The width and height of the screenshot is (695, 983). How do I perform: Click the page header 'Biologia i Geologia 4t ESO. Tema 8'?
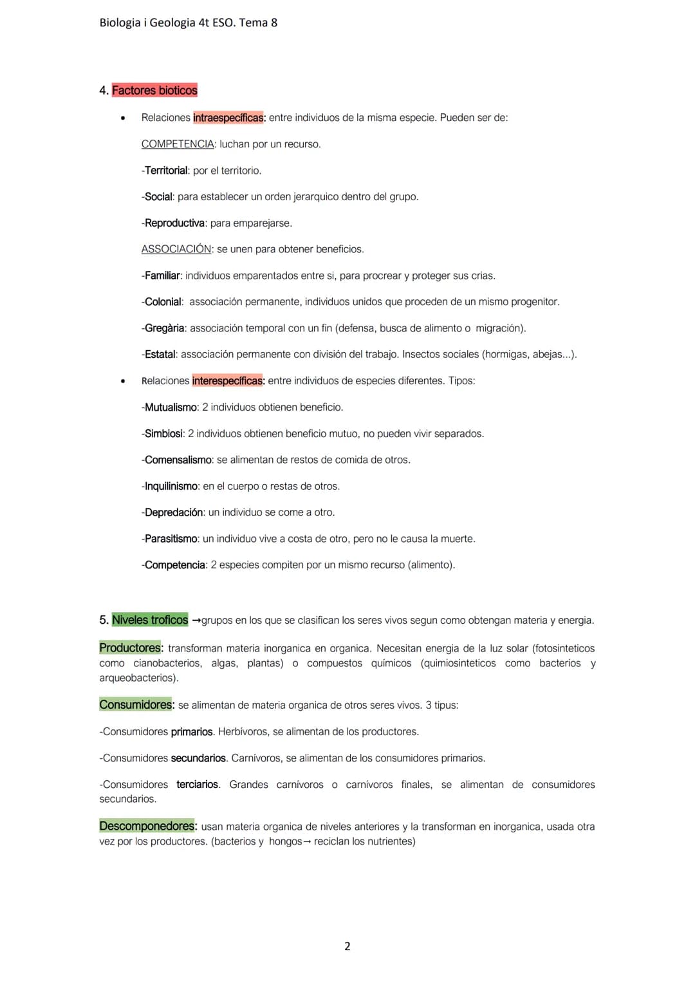point(188,23)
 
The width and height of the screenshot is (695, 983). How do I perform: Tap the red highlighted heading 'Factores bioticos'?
point(154,90)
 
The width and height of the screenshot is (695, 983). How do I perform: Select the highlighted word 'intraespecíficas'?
point(228,118)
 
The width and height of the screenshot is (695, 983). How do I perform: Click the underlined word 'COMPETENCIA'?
point(178,144)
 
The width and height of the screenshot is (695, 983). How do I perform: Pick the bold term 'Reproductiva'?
point(174,223)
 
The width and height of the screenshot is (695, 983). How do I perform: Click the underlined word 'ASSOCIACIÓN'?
point(176,249)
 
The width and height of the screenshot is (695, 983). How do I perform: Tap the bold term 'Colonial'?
point(163,302)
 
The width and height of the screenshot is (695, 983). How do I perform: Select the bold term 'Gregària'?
point(165,328)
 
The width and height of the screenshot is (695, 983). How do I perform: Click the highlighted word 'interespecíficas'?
point(228,381)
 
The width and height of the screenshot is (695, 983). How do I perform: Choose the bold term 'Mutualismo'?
point(171,407)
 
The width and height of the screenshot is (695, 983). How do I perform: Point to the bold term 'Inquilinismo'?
point(171,486)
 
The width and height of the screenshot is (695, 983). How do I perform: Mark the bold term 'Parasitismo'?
point(171,539)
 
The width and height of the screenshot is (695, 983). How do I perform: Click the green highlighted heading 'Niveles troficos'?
point(150,620)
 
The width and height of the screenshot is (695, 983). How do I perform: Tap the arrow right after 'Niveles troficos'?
point(196,621)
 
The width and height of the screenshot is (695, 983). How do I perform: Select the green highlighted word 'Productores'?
point(130,648)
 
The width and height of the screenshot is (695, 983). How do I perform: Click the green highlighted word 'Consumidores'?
point(136,705)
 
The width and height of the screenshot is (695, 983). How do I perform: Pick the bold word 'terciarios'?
point(198,785)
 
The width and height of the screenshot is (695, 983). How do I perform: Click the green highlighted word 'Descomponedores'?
point(147,826)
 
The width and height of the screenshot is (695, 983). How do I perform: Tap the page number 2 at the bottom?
point(347,946)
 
